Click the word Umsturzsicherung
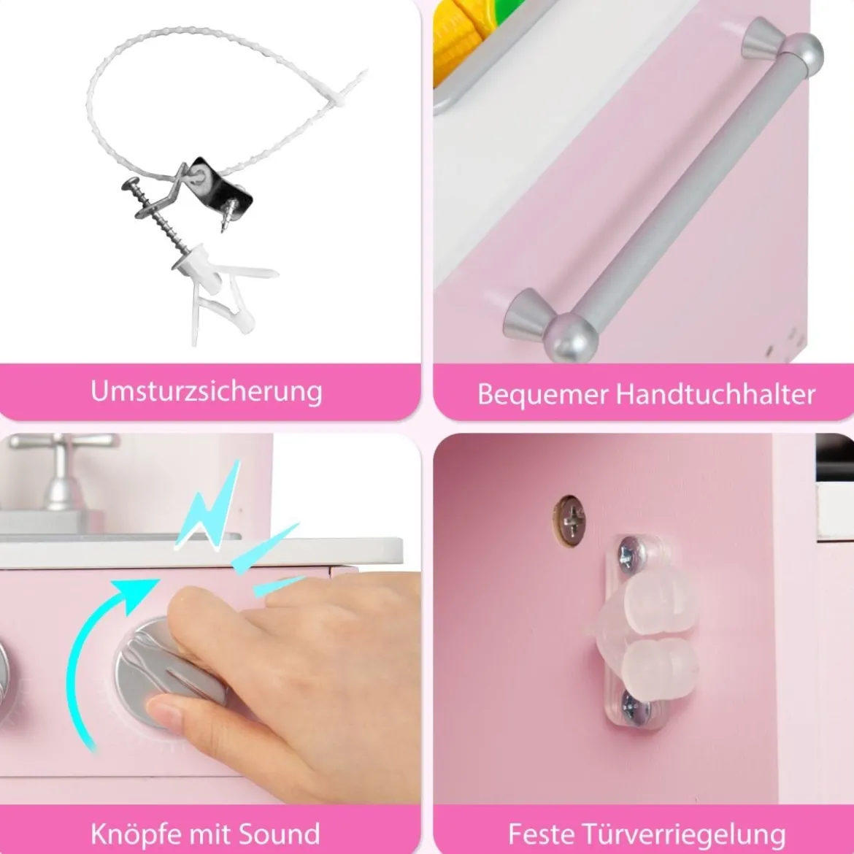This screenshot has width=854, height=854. [x=207, y=392]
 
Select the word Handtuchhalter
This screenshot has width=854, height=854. [x=715, y=393]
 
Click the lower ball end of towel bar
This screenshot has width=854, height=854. [x=571, y=338]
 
